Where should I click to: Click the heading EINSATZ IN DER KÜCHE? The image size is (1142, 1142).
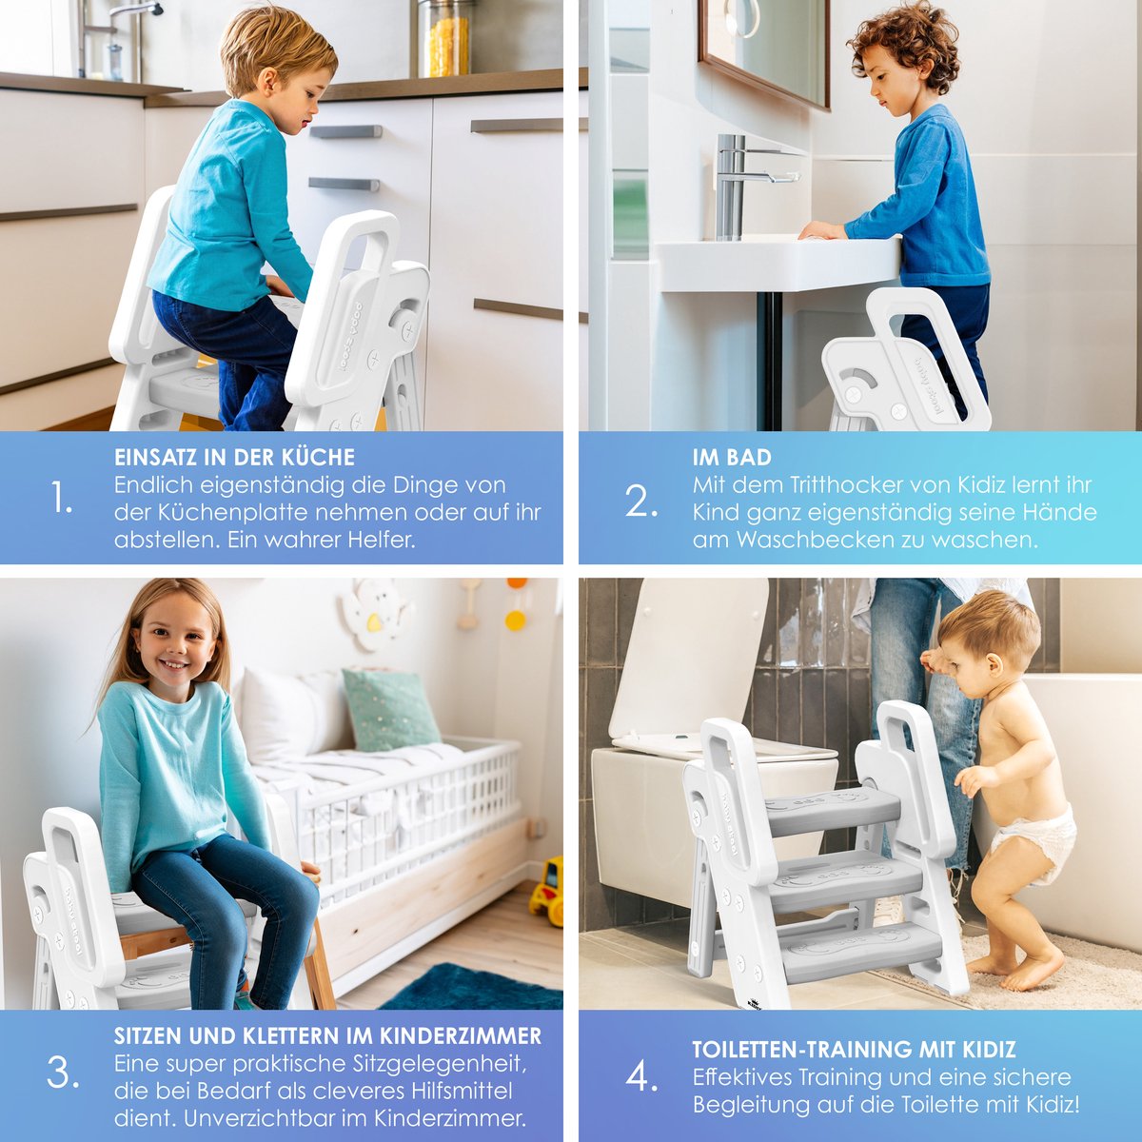click(x=235, y=457)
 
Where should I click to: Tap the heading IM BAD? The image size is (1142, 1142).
click(x=732, y=457)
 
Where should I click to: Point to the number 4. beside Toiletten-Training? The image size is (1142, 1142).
click(x=641, y=1076)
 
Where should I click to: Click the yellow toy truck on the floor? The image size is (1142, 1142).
click(x=546, y=892)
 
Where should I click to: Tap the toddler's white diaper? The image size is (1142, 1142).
click(x=1034, y=842)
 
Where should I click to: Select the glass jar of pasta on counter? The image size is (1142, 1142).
click(x=445, y=38)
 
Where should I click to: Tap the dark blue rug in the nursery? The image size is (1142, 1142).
click(x=474, y=987)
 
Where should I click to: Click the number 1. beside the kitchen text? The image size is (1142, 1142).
click(x=62, y=497)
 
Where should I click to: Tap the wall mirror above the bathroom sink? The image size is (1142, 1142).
click(x=764, y=50)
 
